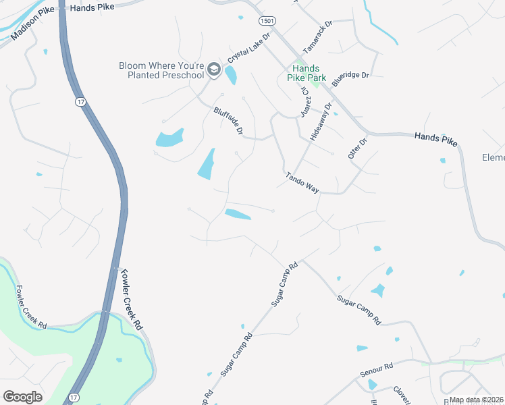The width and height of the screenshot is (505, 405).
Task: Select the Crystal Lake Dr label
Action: coord(248,48)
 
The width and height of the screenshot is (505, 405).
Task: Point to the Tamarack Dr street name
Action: coord(318,37)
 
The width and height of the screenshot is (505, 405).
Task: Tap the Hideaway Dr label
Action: coord(321,122)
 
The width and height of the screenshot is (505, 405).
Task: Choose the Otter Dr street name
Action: coord(356,148)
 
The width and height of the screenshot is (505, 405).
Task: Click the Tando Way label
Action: coord(302,182)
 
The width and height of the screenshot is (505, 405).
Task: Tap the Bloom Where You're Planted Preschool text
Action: coord(161,70)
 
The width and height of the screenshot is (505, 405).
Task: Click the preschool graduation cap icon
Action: coord(214,69)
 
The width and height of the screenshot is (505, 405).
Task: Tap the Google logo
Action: coord(22,397)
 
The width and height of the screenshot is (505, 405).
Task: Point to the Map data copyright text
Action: coord(477,400)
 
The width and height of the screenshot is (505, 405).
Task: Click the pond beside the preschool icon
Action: coord(231,76)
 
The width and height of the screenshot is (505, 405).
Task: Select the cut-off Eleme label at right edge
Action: coord(493,157)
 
